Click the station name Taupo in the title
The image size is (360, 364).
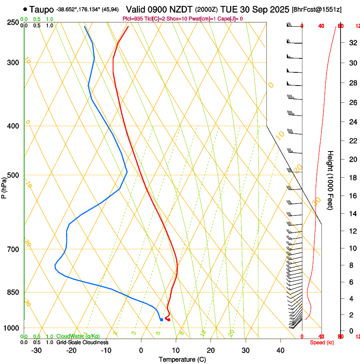click(42, 9)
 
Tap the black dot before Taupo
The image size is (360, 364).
click(26, 9)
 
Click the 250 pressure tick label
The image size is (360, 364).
click(13, 22)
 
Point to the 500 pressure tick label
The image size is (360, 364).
click(13, 175)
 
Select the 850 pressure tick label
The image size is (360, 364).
click(13, 292)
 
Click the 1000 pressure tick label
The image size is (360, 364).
click(11, 328)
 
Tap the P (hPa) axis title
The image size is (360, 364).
click(4, 185)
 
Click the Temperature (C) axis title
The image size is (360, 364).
click(182, 360)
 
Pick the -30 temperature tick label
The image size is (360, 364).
click(36, 350)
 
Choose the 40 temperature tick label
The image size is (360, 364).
click(280, 350)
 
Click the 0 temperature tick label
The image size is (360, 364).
click(141, 350)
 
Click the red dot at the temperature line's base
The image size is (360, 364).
click(169, 320)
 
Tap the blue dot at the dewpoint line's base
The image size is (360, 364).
click(161, 320)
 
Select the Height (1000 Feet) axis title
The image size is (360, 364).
click(331, 180)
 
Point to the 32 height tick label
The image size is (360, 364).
click(352, 43)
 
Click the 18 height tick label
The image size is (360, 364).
click(352, 178)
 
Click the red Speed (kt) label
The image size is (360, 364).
click(322, 342)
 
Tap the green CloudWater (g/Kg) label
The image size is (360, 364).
click(78, 336)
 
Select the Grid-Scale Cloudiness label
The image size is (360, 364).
click(82, 342)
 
